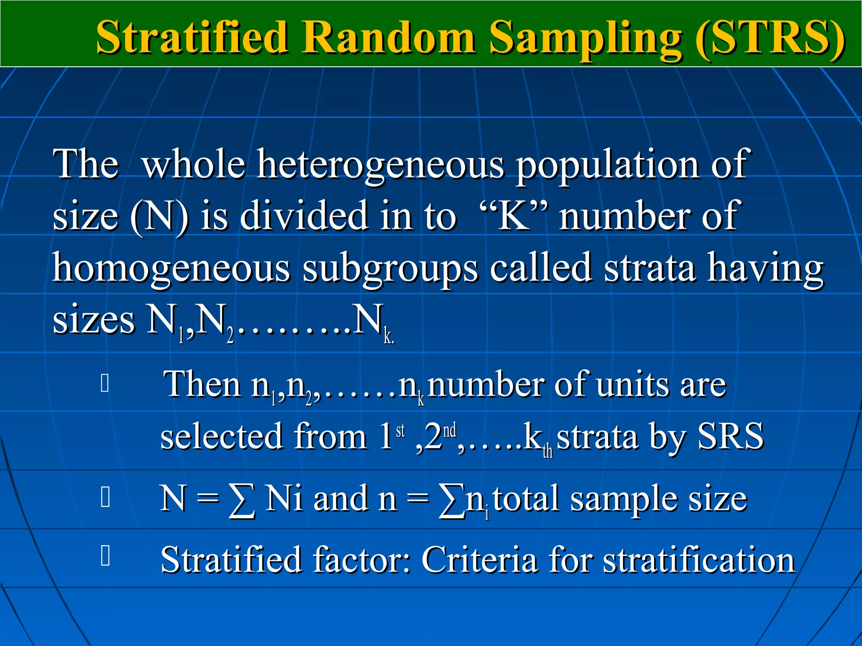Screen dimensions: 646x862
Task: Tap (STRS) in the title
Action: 769,38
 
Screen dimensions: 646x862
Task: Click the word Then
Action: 202,384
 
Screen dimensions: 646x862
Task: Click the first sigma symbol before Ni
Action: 242,500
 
